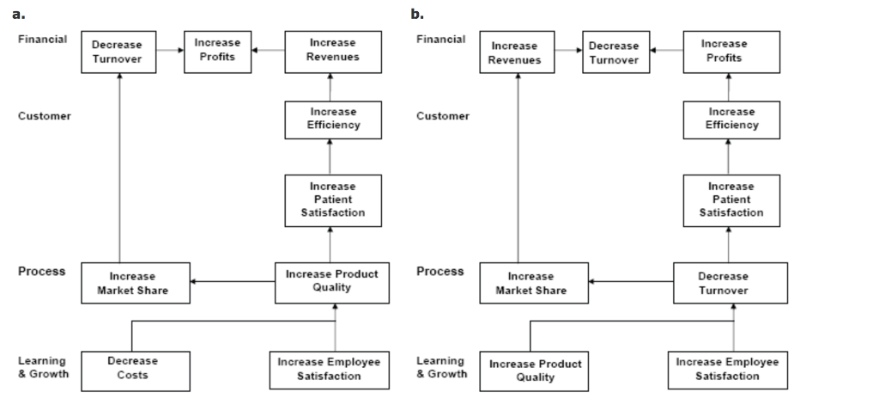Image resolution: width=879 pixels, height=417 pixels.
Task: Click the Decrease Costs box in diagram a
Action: tap(136, 371)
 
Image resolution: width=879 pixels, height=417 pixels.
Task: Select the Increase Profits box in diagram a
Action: tap(217, 52)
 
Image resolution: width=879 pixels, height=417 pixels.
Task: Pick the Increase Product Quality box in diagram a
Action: tap(331, 283)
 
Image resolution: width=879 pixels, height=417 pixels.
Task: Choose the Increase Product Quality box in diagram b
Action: tap(534, 371)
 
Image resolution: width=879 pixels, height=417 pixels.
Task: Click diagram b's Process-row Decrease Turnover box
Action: tap(730, 283)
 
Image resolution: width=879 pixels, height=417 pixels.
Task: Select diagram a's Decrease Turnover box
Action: tap(118, 52)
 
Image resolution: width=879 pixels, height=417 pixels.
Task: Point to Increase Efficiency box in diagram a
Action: tap(333, 120)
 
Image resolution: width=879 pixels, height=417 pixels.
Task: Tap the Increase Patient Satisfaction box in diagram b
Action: tap(731, 200)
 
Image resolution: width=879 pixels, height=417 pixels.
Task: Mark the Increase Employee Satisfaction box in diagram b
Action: tap(727, 370)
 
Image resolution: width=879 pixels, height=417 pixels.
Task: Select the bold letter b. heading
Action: tap(416, 15)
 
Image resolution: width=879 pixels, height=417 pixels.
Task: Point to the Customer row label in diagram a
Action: tap(45, 116)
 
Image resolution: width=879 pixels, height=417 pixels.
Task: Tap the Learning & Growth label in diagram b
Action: tap(441, 367)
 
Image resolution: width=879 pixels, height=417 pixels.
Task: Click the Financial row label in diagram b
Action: tap(441, 40)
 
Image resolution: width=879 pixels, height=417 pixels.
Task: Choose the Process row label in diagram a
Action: tap(42, 272)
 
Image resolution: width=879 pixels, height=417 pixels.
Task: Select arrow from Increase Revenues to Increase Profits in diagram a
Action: tap(268, 51)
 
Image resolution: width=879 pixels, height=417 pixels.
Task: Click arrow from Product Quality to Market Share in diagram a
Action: tap(232, 281)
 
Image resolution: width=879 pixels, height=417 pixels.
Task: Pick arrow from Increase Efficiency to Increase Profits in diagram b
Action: tap(729, 87)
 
